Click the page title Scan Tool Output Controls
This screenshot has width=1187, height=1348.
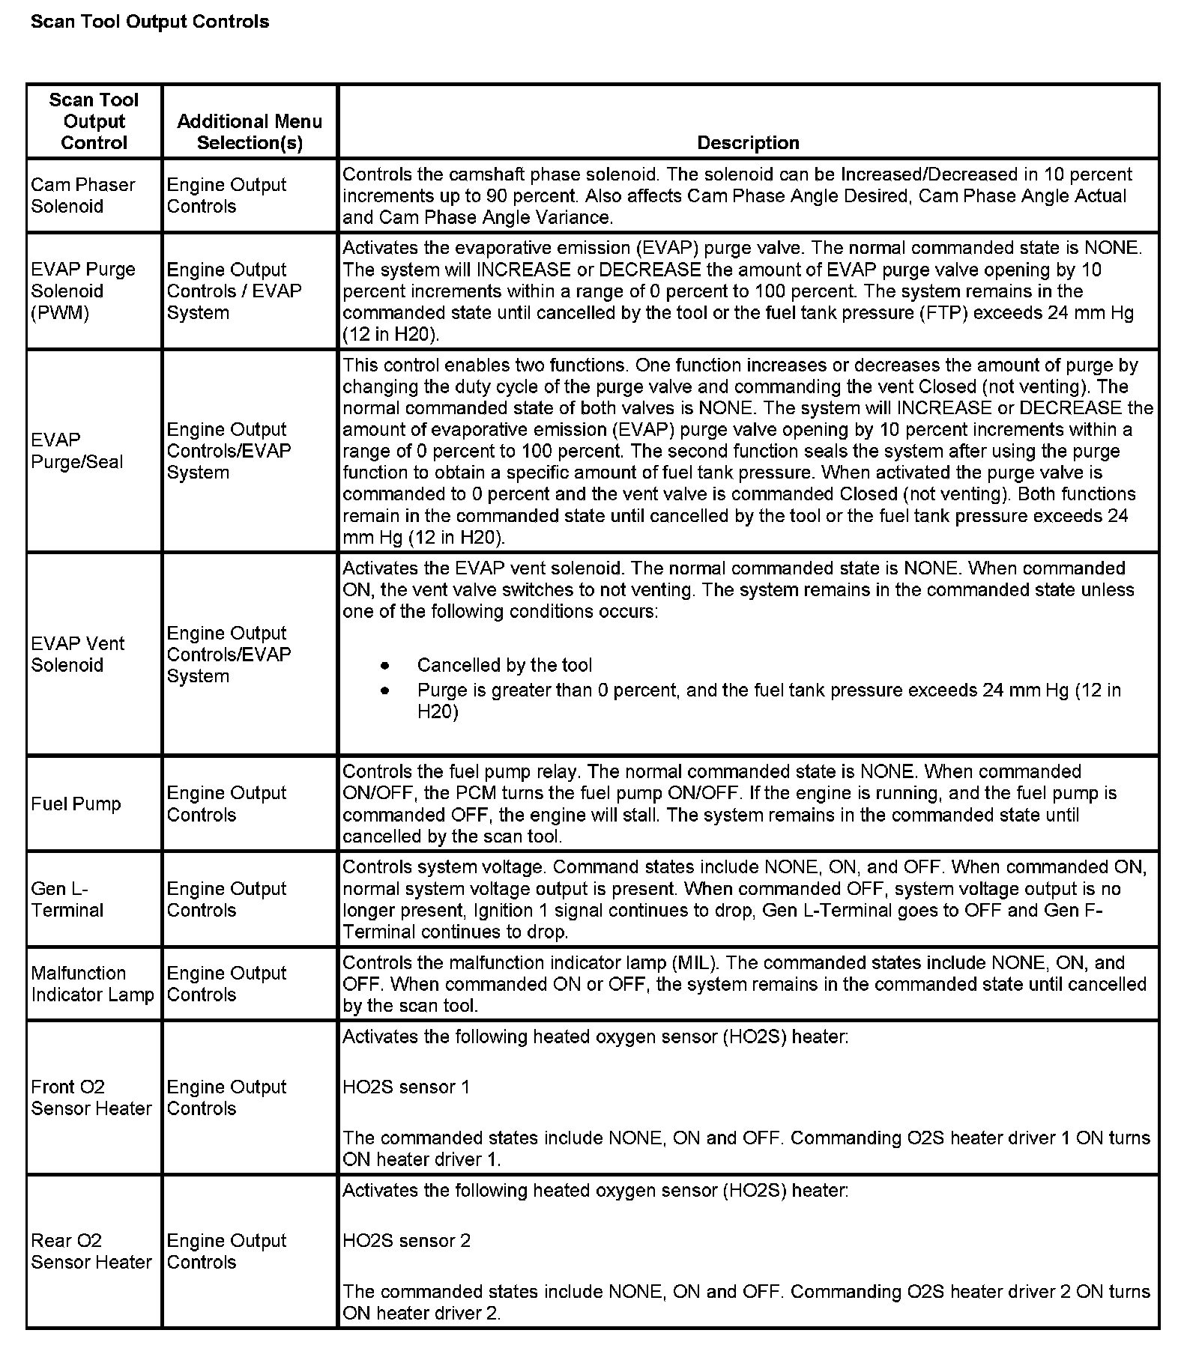pyautogui.click(x=149, y=22)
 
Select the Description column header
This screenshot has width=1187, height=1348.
pyautogui.click(x=747, y=142)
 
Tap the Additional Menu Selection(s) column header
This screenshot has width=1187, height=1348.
pyautogui.click(x=250, y=132)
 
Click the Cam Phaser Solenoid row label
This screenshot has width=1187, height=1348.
pyautogui.click(x=83, y=195)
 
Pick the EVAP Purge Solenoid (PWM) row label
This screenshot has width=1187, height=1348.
pyautogui.click(x=83, y=291)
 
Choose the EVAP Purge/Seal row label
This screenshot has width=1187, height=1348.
pyautogui.click(x=77, y=451)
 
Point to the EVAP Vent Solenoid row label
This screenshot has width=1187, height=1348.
pyautogui.click(x=78, y=654)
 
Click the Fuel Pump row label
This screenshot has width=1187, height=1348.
pyautogui.click(x=76, y=804)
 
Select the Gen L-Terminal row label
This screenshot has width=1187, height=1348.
pyautogui.click(x=67, y=899)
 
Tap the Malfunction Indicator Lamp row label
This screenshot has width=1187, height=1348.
pyautogui.click(x=92, y=983)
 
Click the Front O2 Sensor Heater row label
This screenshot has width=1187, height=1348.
pyautogui.click(x=91, y=1097)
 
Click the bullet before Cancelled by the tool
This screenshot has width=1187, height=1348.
pyautogui.click(x=385, y=665)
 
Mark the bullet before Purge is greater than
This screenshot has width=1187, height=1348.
pyautogui.click(x=385, y=690)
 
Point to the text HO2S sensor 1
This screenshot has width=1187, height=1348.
pyautogui.click(x=406, y=1087)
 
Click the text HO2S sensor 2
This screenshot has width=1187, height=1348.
pyautogui.click(x=406, y=1240)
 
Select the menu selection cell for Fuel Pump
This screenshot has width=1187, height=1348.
pyautogui.click(x=226, y=804)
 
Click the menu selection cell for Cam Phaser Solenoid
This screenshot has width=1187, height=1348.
pyautogui.click(x=226, y=195)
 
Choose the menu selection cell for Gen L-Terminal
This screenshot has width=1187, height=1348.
pyautogui.click(x=226, y=899)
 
